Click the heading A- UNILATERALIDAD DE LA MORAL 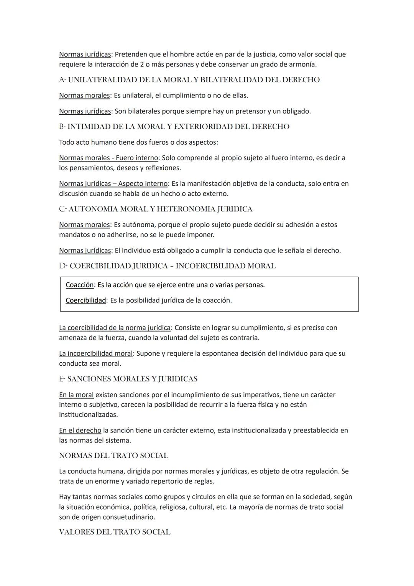(189, 80)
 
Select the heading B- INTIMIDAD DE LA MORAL (174, 127)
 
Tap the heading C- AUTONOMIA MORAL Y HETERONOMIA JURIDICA (156, 209)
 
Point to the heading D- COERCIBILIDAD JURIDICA (167, 266)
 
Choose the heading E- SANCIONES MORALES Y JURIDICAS (128, 379)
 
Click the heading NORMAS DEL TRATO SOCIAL (113, 456)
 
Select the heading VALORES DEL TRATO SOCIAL (115, 532)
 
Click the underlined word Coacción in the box (79, 285)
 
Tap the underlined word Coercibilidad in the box (85, 300)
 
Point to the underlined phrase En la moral (76, 395)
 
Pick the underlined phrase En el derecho (80, 431)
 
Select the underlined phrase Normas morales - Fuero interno (108, 158)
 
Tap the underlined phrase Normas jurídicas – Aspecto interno (113, 184)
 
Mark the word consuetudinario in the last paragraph (129, 517)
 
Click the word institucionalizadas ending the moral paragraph (88, 415)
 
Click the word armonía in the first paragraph (302, 64)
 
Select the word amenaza (74, 338)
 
